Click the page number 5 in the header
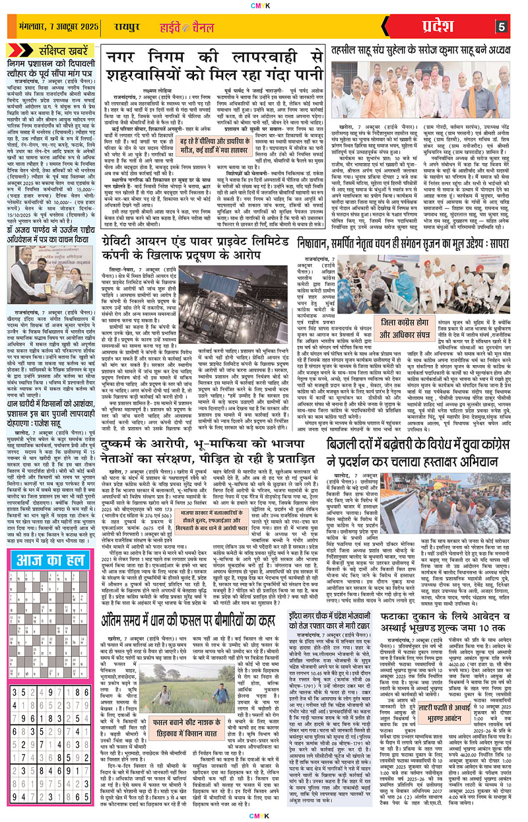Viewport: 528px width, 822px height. (x=502, y=27)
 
